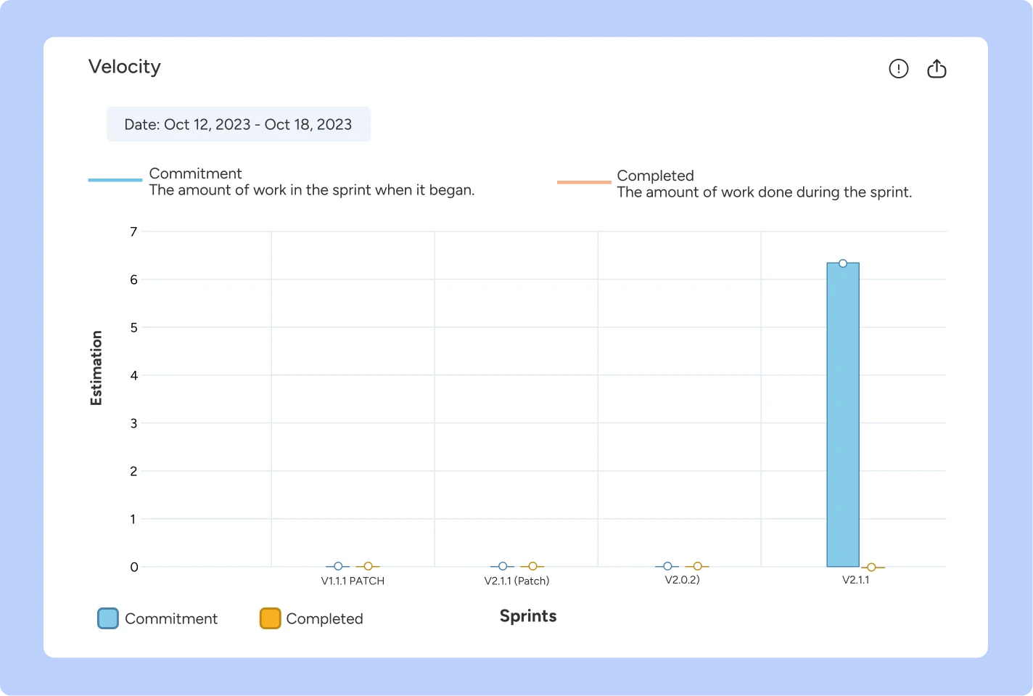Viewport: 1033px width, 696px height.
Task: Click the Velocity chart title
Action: (125, 67)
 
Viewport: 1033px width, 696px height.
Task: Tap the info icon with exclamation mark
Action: (898, 69)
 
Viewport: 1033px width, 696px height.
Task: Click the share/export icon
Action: (937, 69)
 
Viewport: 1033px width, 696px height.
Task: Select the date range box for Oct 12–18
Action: (238, 124)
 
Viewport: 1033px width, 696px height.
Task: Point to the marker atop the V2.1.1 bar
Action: (843, 263)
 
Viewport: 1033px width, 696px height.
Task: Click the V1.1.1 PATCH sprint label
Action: (353, 581)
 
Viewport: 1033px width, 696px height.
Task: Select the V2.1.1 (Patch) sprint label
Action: (516, 581)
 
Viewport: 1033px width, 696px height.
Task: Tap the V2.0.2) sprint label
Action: (682, 580)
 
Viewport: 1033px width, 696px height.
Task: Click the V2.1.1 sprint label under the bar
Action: (855, 580)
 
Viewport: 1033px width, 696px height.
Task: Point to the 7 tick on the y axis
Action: (133, 232)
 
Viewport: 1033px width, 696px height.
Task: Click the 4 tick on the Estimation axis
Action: (133, 375)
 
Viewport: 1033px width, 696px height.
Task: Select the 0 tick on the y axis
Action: (133, 567)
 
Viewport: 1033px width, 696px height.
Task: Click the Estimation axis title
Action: (96, 368)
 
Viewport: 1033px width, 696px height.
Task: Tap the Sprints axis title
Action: (528, 616)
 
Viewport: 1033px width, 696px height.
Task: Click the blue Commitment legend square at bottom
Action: (108, 618)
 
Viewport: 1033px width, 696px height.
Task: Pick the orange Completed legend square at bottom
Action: (270, 618)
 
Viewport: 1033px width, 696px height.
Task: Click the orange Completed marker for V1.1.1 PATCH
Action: (368, 566)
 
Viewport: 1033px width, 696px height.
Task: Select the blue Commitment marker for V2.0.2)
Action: (667, 566)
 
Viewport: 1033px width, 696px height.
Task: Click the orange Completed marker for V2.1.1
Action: (871, 568)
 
